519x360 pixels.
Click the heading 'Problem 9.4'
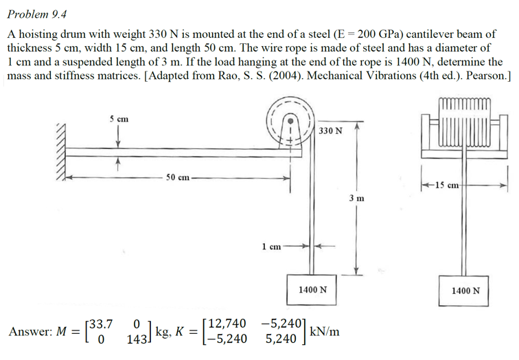39,14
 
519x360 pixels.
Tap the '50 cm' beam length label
178,178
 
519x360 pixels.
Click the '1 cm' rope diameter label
271,245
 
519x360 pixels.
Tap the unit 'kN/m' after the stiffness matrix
325,331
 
